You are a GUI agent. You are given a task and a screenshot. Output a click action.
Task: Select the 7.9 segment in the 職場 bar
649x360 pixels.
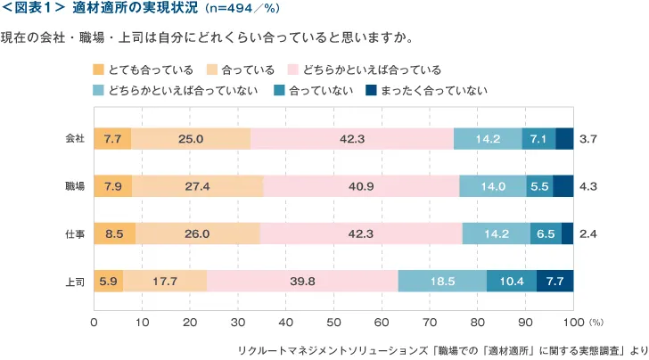(112, 186)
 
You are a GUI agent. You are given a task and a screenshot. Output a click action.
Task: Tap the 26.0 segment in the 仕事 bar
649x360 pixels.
(197, 233)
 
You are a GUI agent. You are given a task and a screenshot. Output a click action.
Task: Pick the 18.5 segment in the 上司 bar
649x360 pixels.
(442, 281)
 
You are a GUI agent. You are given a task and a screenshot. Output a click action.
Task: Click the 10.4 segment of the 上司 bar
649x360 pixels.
(512, 281)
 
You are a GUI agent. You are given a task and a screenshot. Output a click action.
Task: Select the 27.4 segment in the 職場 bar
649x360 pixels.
(197, 186)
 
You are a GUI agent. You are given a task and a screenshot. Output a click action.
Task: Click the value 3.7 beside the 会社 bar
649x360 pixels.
(587, 139)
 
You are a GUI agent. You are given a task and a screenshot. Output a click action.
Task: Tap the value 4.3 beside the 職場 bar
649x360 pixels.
(587, 186)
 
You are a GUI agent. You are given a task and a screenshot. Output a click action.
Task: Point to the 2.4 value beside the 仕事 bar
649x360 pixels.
(587, 233)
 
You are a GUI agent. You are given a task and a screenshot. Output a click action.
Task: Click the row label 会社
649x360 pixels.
(75, 139)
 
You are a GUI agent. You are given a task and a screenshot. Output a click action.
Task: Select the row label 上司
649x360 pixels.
(75, 281)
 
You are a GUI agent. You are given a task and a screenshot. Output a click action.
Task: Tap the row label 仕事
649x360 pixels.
(75, 233)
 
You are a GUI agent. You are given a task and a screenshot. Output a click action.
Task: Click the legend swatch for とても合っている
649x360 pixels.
(98, 69)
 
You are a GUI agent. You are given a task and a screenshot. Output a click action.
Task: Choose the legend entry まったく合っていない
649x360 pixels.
(427, 91)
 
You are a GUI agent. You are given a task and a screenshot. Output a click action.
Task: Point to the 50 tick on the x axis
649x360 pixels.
(333, 321)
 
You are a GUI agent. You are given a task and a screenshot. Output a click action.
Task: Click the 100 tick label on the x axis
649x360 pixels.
(573, 321)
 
